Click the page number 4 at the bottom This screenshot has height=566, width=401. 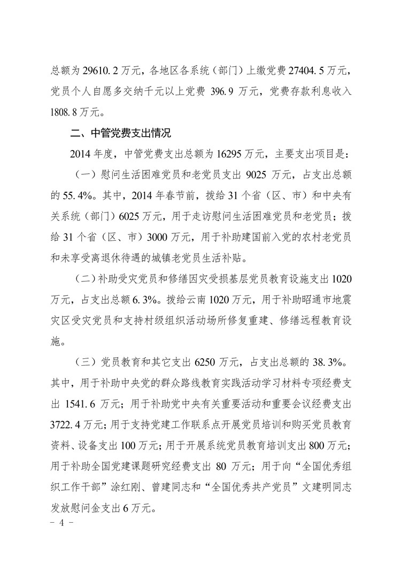[x=61, y=522]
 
